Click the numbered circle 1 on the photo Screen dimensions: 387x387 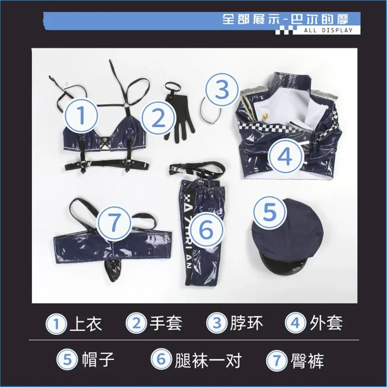[x=81, y=115]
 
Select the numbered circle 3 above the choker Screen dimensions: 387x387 [x=222, y=90]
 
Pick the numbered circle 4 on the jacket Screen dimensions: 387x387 [x=286, y=157]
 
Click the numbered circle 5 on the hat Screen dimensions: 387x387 [x=269, y=212]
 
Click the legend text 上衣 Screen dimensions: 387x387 [x=86, y=323]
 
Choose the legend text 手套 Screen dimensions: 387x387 [x=166, y=323]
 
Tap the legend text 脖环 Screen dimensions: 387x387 [x=246, y=323]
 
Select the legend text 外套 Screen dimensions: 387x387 [x=326, y=323]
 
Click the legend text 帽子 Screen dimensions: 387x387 [x=98, y=360]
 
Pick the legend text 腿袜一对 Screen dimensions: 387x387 [x=208, y=360]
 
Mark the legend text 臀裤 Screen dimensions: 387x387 [x=307, y=360]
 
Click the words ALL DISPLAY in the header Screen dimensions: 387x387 [x=328, y=31]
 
